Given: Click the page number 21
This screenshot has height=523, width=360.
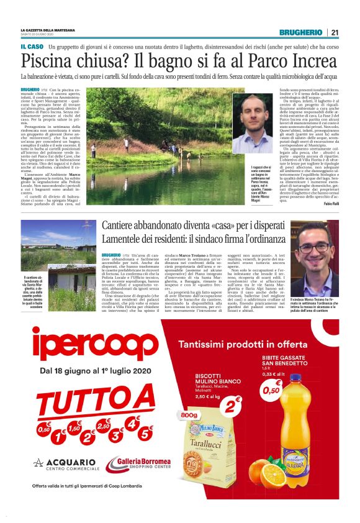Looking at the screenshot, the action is point(335,32).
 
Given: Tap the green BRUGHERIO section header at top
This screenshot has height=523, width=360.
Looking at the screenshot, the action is point(300,32).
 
